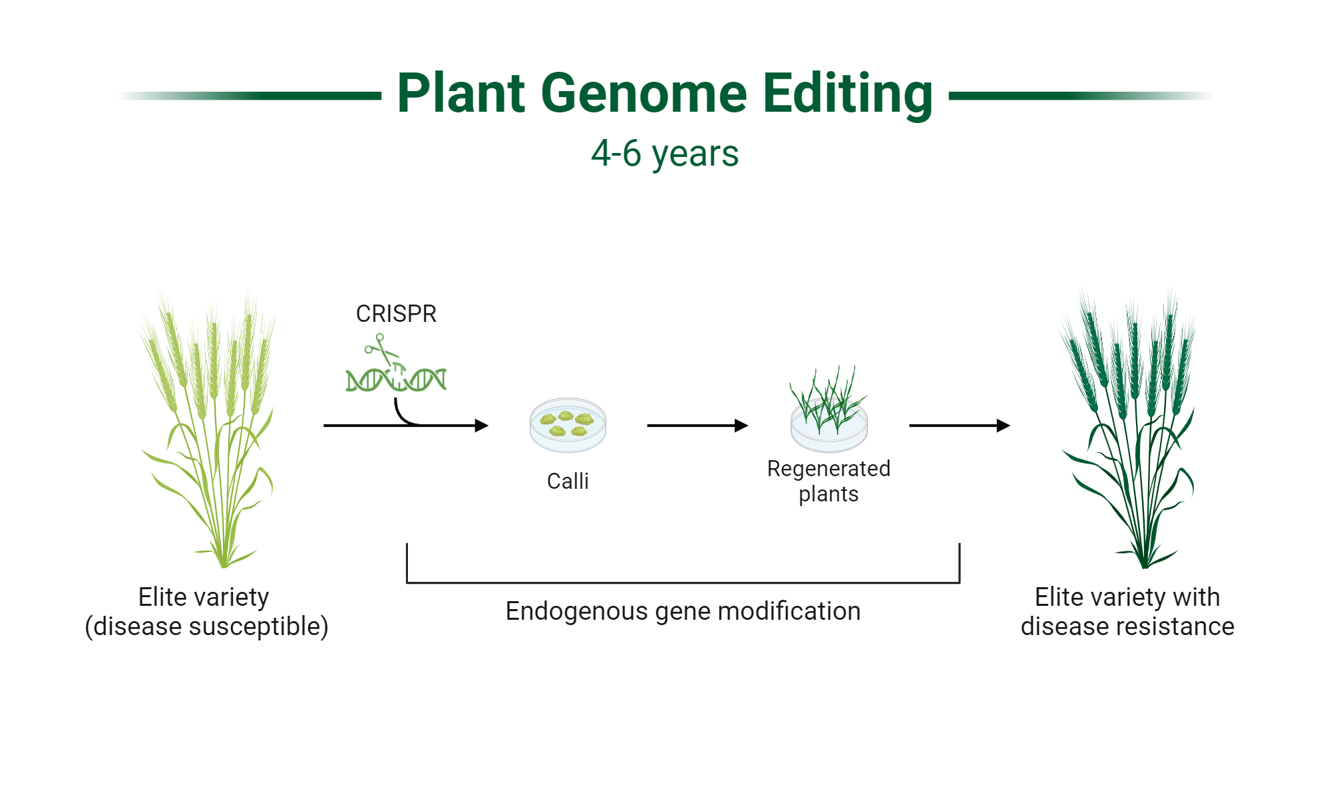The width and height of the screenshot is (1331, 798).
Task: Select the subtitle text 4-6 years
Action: tap(665, 154)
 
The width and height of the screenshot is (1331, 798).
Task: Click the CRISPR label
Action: tap(396, 313)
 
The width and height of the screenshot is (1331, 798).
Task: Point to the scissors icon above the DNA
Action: tap(379, 349)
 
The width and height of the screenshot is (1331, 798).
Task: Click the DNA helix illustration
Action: tap(396, 380)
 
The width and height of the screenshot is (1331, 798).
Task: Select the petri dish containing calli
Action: tap(568, 425)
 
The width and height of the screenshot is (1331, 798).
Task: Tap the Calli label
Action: tap(568, 481)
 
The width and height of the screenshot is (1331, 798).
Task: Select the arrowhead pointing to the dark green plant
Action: tap(1004, 426)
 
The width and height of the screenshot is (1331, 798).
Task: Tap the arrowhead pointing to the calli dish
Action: tap(482, 426)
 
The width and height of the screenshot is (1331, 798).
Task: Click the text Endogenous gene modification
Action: tap(683, 611)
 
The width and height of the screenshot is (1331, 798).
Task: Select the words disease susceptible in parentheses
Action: tap(206, 626)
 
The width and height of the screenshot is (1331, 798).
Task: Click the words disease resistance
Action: tap(1127, 626)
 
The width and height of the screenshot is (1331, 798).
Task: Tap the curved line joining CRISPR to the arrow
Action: tap(401, 414)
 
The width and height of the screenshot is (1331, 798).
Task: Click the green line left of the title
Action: tap(266, 96)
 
